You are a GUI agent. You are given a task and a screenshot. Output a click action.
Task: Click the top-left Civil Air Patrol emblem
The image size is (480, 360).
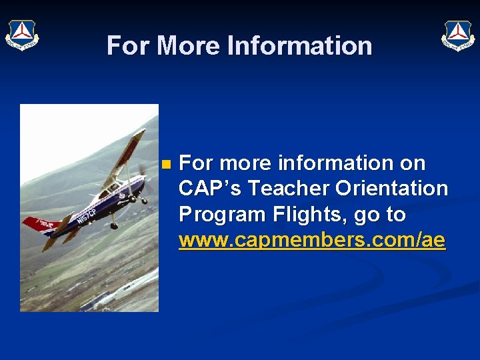(x=22, y=35)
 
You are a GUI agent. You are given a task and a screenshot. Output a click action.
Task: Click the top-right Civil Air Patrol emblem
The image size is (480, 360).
(x=457, y=35)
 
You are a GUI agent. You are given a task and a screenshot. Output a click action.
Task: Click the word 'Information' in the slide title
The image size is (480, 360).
(x=299, y=46)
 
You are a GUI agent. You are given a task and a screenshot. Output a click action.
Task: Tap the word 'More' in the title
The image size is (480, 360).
(x=189, y=46)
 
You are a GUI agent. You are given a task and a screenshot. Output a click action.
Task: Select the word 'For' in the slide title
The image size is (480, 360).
(x=129, y=46)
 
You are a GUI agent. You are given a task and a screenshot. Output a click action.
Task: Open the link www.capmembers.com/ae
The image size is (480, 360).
(x=311, y=240)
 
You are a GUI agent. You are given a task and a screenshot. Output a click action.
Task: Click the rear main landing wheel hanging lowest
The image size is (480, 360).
(x=115, y=225)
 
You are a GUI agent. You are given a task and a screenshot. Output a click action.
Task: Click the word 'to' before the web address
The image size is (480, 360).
(x=395, y=215)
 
